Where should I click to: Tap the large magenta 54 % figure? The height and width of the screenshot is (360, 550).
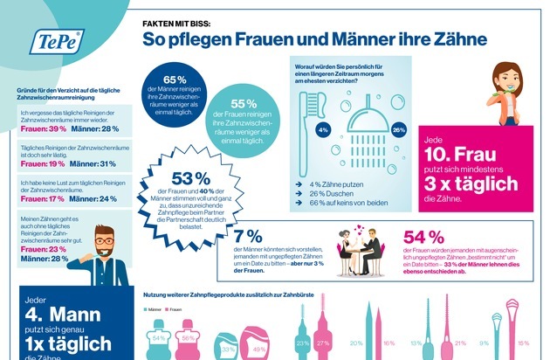(421, 239)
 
